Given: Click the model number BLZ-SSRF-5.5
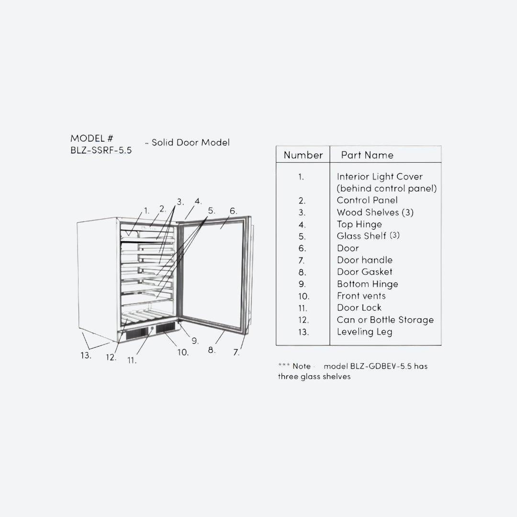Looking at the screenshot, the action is (101, 150).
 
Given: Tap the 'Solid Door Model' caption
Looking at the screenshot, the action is (190, 143).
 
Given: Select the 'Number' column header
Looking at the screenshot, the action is (303, 155).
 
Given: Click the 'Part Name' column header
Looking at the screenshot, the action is (367, 155).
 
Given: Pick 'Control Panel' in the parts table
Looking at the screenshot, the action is (367, 200).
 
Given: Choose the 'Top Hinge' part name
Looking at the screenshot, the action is (359, 225).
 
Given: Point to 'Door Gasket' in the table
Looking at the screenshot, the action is (364, 272).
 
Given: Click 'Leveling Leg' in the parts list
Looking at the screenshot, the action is (364, 332).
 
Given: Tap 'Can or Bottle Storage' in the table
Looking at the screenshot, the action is (385, 320).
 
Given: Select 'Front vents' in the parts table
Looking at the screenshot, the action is (361, 296).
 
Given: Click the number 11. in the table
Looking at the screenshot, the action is (303, 308).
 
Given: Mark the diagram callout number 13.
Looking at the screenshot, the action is (86, 355).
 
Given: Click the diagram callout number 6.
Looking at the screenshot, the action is (233, 211).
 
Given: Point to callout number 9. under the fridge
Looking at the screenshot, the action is (195, 341).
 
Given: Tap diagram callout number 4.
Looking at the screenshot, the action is (198, 201).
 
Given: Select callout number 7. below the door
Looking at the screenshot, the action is (236, 352).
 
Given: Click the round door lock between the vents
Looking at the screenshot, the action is (152, 328).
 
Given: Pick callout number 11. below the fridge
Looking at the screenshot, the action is (132, 360).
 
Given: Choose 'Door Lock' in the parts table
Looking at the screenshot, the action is (359, 308).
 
